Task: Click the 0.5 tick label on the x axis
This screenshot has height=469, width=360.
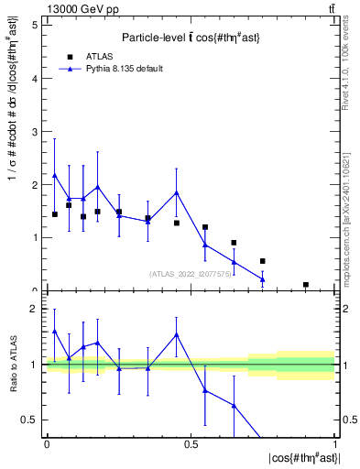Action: tap(190, 444)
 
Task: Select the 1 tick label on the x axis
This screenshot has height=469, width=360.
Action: tap(334, 444)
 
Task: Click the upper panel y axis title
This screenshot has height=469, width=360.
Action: tap(13, 156)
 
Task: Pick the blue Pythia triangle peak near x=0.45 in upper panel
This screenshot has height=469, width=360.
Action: tap(176, 192)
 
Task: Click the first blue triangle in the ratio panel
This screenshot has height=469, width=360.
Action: tap(55, 332)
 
